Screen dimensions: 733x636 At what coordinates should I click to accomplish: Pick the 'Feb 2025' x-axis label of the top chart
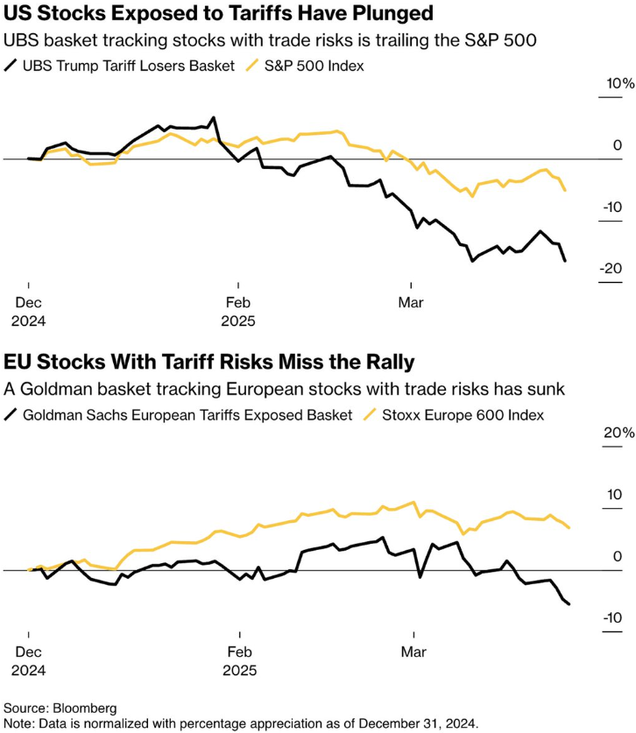coord(238,311)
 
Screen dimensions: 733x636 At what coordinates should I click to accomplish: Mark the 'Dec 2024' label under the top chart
coord(28,311)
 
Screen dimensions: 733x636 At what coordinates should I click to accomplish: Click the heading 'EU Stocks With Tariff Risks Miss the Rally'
coord(209,362)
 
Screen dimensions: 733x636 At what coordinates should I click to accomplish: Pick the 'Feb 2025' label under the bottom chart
coord(238,660)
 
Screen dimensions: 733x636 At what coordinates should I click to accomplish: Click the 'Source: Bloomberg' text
coord(60,707)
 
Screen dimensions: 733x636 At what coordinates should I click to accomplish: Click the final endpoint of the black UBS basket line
coord(565,260)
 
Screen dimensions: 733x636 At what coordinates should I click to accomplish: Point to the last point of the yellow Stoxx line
coord(569,527)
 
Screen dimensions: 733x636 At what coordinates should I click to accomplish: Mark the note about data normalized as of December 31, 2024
coord(241,722)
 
